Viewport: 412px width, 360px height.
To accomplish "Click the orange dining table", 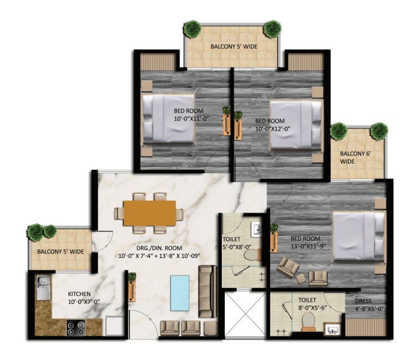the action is [x=150, y=213].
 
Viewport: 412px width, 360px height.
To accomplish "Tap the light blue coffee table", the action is [x=180, y=293].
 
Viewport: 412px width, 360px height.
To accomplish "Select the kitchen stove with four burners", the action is [x=76, y=328].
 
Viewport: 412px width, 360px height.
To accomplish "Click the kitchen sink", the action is [x=43, y=288].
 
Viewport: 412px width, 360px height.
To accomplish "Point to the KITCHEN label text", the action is [x=79, y=294].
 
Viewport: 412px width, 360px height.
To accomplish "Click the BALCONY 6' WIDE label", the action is [x=355, y=157].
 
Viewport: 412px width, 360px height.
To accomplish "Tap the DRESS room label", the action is [x=364, y=301].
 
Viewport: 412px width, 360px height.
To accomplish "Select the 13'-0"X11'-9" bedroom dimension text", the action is [x=308, y=246].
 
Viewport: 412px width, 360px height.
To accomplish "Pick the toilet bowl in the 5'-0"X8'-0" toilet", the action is [x=253, y=254].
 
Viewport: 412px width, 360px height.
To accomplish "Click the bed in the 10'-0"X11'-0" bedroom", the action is [x=168, y=119].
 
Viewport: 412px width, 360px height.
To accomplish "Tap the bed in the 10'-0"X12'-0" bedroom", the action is [x=296, y=124].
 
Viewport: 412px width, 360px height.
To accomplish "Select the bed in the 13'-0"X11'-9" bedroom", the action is [x=359, y=236].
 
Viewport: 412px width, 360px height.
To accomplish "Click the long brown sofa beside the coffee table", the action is [x=208, y=292].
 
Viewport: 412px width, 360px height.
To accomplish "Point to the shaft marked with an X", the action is [x=245, y=314].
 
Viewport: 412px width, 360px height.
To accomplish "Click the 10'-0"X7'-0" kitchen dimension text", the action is [x=84, y=302].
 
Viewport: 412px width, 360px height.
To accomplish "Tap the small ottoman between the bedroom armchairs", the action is [x=301, y=279].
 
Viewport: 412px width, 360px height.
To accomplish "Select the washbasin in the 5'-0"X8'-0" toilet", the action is [x=257, y=229].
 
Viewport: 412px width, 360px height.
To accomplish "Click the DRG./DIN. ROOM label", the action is [x=159, y=247].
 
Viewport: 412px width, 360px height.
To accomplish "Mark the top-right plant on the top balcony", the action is [x=272, y=29].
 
